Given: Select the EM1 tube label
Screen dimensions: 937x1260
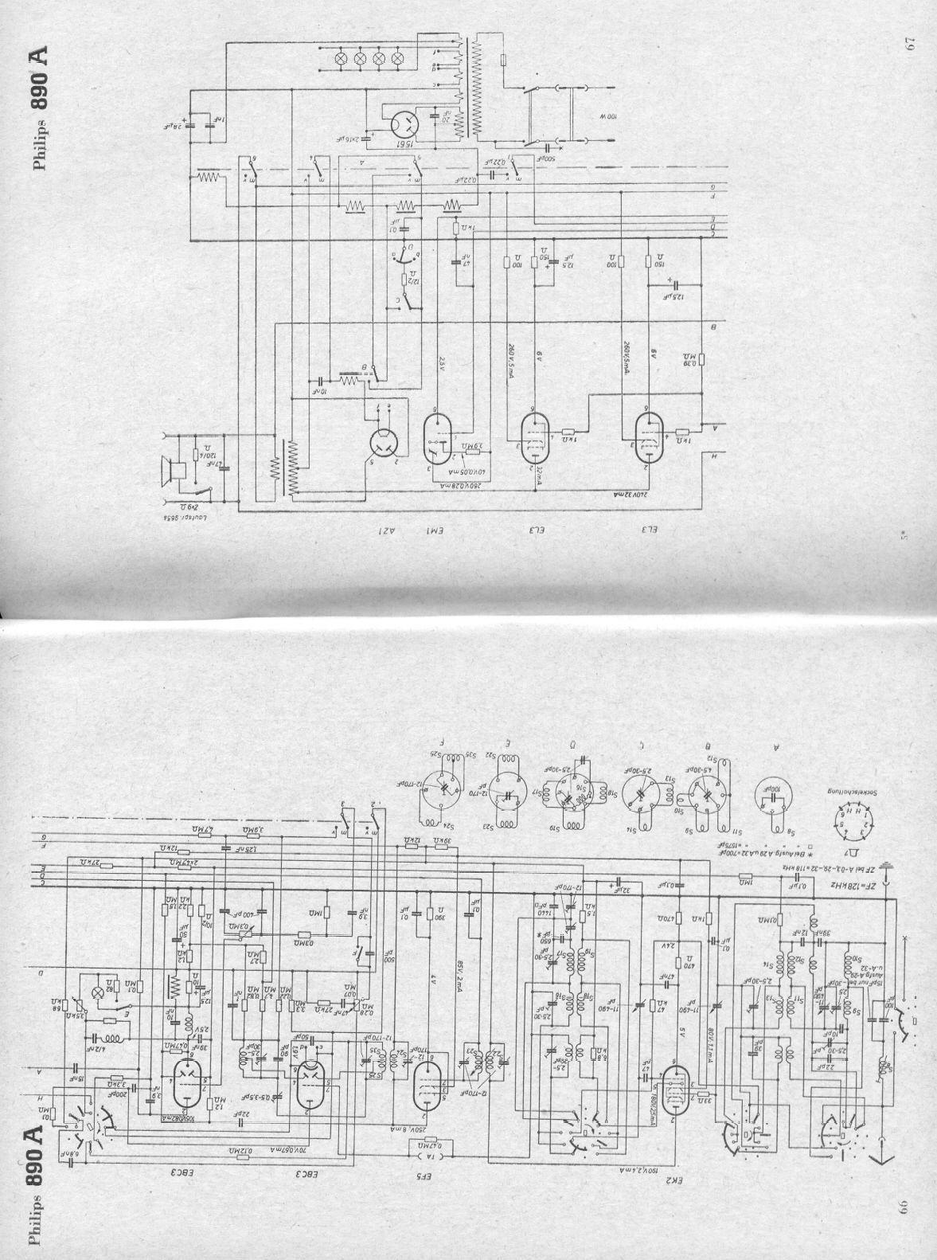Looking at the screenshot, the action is [435, 531].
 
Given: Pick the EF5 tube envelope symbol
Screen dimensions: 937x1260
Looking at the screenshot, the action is [428, 1095].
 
